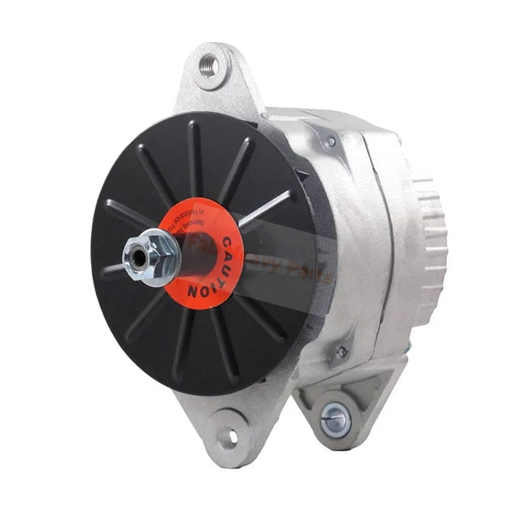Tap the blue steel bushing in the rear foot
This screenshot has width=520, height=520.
coord(334,419)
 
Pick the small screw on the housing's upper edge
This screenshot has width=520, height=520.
coord(330,142)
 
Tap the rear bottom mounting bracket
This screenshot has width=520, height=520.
coord(341,406)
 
